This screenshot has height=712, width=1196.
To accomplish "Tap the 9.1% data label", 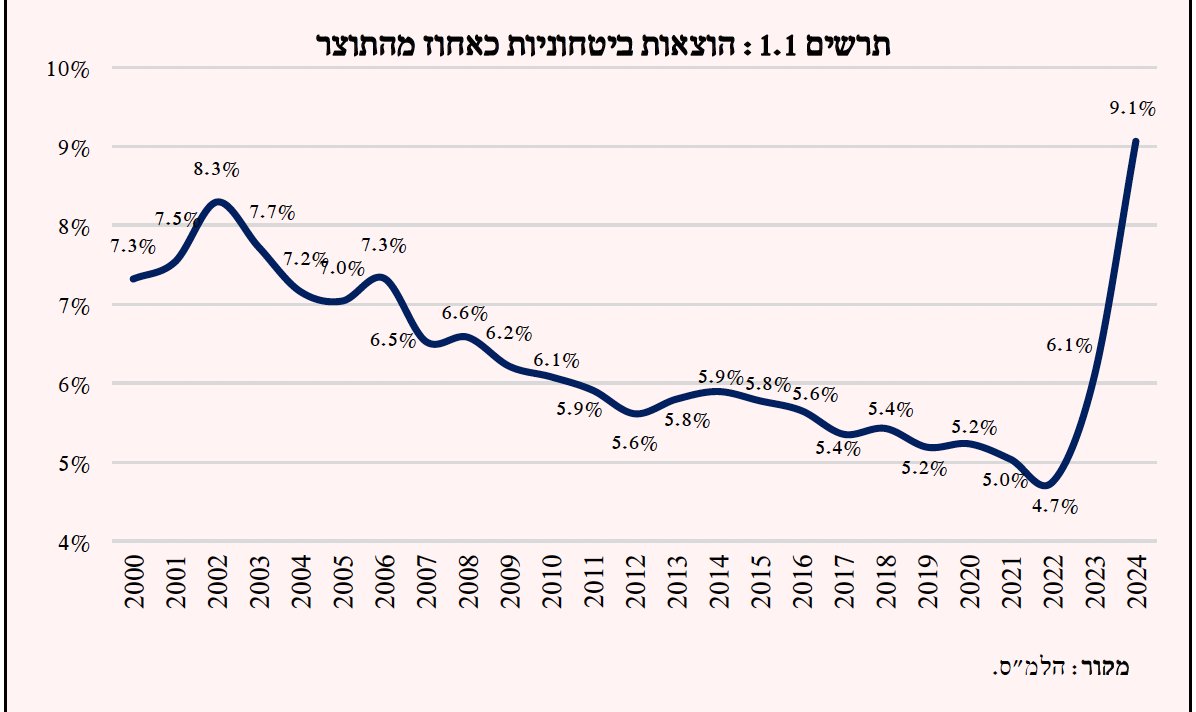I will point(1132,108).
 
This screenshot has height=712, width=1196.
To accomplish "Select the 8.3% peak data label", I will point(217,169).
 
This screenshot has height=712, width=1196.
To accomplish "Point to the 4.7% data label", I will point(1055,506).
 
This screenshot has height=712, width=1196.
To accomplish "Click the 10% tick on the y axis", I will point(70,68).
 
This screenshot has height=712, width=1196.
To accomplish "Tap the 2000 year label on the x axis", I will point(134,582).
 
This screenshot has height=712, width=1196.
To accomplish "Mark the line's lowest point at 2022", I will point(1046,485).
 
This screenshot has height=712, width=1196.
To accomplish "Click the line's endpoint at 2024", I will point(1135,142).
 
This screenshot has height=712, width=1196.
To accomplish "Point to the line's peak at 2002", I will point(218,202).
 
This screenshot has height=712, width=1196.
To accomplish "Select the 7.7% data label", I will point(273,212).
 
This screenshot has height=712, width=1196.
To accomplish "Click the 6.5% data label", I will point(393,340).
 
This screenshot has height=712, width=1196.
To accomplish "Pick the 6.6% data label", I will point(465,313).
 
